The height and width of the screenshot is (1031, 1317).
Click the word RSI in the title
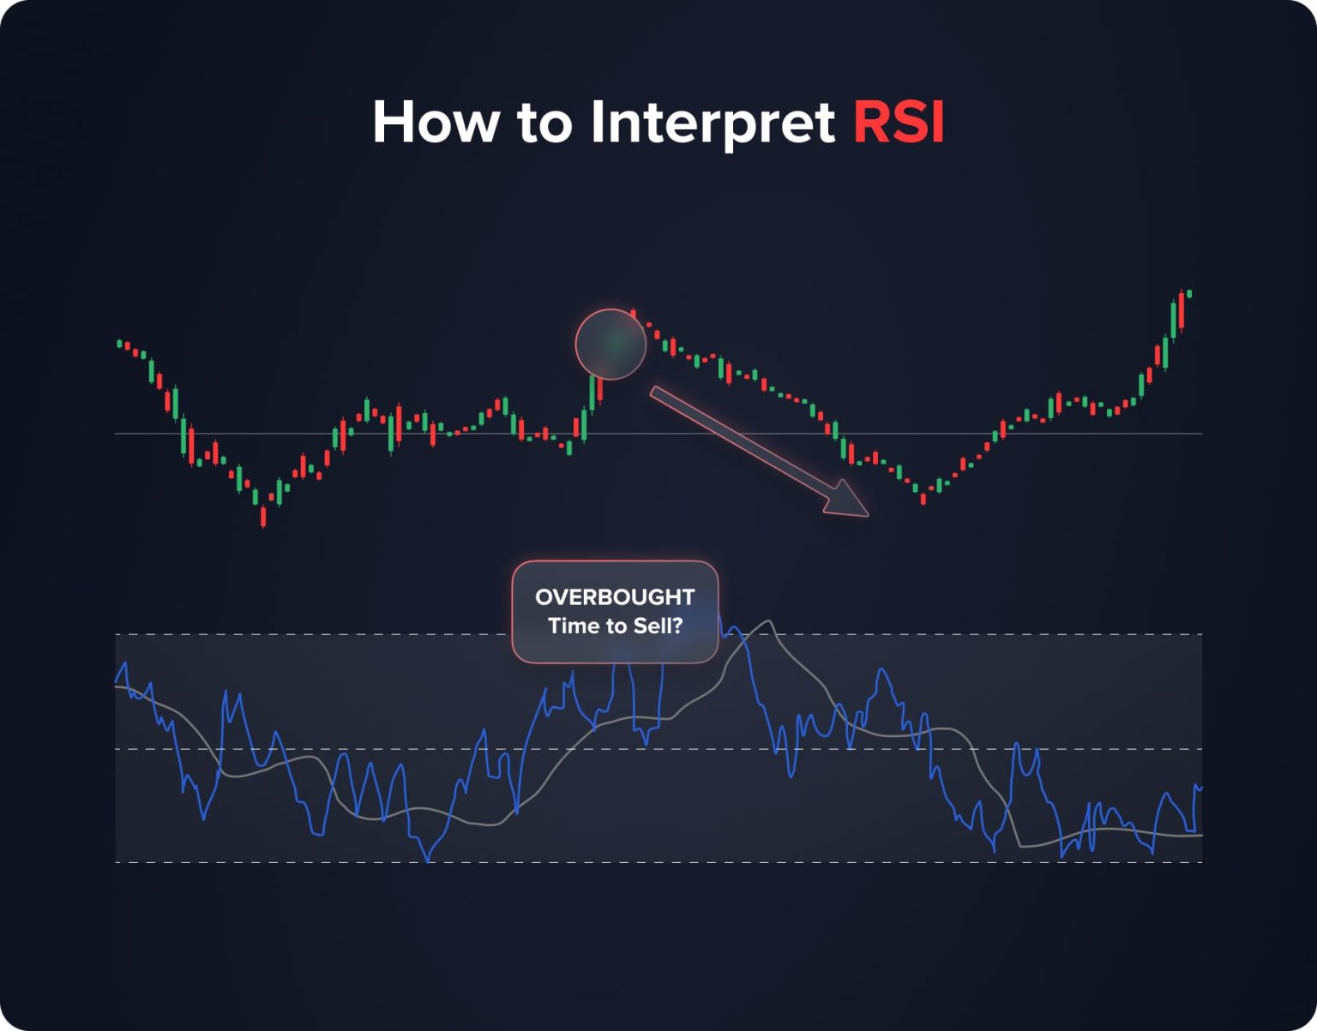point(898,122)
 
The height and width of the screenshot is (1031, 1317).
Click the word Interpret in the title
point(712,123)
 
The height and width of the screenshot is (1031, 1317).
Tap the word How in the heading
point(435,122)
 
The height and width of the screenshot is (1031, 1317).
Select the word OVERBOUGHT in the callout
point(615,596)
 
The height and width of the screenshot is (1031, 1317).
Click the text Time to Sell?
point(615,626)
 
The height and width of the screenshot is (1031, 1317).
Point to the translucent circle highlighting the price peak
point(610,344)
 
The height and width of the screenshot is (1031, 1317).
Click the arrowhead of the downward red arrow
point(849,501)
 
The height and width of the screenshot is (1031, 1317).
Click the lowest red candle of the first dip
point(263,517)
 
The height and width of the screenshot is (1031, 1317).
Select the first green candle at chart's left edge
point(119,344)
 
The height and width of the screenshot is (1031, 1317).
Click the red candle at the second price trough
point(923,498)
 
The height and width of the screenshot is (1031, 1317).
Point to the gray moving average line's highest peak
point(769,622)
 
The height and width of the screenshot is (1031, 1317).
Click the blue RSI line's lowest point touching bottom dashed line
point(428,860)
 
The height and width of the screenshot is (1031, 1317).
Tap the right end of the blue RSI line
point(1200,787)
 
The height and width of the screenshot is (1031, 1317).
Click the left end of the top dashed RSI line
point(117,634)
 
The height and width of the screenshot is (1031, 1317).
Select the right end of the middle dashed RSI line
point(1200,749)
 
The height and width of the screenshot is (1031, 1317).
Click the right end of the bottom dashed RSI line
point(1200,862)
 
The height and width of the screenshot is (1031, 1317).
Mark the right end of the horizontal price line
point(1200,434)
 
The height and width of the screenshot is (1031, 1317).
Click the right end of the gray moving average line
point(1200,835)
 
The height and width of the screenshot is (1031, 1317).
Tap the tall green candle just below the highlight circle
point(592,393)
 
